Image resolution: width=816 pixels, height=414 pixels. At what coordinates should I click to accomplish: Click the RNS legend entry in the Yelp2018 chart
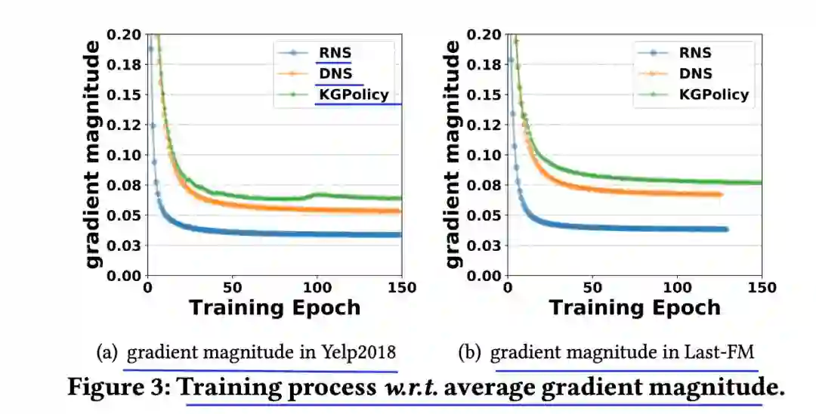[x=333, y=54]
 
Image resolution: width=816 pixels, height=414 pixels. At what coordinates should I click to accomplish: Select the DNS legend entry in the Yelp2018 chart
[x=333, y=74]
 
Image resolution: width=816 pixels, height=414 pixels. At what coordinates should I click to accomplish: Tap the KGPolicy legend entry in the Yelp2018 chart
[x=352, y=94]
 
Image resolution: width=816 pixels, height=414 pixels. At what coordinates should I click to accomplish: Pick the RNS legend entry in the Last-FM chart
[x=694, y=54]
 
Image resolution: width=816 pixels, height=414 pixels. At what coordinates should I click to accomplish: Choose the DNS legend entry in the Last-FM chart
[x=694, y=74]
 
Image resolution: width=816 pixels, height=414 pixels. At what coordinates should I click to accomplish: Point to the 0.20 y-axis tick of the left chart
[x=123, y=35]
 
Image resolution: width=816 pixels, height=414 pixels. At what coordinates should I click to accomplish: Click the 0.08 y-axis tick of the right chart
[x=484, y=185]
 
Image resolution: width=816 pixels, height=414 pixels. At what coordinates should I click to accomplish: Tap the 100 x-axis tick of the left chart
[x=317, y=288]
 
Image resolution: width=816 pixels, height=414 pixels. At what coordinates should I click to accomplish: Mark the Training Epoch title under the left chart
[x=274, y=308]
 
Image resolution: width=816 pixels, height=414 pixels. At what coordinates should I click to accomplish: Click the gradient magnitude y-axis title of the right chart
[x=453, y=154]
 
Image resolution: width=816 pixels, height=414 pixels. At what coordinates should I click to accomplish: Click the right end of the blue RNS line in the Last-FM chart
[x=725, y=229]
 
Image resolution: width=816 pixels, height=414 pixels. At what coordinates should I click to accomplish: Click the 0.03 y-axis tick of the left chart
[x=123, y=246]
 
